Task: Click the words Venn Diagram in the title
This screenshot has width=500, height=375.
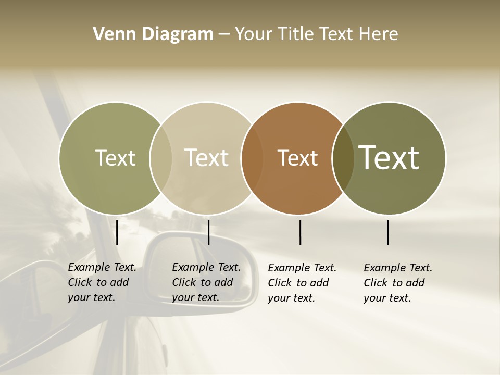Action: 153,34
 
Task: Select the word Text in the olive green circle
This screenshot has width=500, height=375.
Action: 115,158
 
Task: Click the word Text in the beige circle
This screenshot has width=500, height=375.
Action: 207,158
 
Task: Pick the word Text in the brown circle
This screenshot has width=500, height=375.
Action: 297,158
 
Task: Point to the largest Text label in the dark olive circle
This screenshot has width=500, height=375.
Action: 389,158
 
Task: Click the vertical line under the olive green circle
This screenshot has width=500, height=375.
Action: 117,232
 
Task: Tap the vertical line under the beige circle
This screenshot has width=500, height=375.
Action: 208,232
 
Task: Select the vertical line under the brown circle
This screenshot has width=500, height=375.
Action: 301,232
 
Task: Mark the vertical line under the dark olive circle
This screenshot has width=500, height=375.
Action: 388,232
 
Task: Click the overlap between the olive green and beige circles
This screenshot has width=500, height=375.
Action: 161,158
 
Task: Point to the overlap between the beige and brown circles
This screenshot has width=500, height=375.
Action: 252,158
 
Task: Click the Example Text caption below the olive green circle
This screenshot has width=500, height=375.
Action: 102,282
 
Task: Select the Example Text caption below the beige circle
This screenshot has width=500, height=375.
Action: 206,282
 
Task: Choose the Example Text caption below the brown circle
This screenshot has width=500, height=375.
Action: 302,283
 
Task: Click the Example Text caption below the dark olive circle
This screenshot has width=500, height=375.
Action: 397,283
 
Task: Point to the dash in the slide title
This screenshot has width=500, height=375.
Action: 224,35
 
